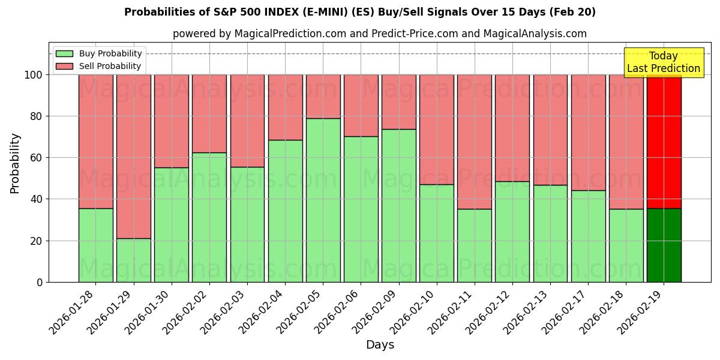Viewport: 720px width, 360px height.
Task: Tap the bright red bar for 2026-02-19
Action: click(x=664, y=142)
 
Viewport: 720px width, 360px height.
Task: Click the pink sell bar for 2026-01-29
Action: click(x=133, y=156)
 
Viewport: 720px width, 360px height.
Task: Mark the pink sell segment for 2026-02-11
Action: click(x=474, y=142)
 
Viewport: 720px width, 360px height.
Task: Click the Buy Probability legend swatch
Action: click(x=65, y=54)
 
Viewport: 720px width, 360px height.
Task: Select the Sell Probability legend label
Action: click(x=110, y=66)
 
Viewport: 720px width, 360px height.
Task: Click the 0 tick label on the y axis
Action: click(x=40, y=282)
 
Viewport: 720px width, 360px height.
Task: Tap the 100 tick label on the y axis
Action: click(x=33, y=75)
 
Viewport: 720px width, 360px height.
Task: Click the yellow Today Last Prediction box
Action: click(x=663, y=62)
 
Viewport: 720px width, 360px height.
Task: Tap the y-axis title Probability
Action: click(x=15, y=163)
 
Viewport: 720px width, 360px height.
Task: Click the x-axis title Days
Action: click(x=380, y=345)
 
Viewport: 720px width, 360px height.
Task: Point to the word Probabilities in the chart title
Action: click(x=158, y=12)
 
